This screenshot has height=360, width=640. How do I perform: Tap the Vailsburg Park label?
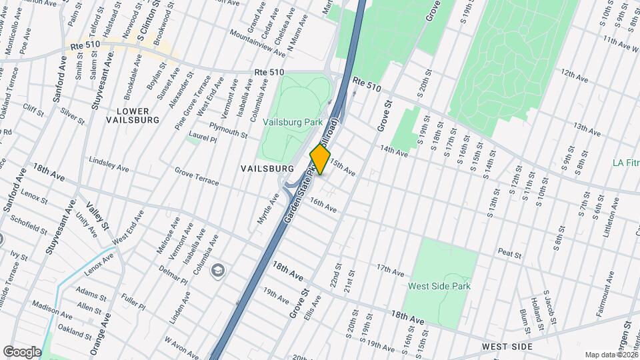tap(293, 122)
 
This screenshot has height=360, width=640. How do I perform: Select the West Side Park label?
tap(440, 286)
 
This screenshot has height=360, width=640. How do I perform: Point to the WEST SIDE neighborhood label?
tap(507, 347)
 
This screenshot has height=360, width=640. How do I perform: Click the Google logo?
tap(21, 351)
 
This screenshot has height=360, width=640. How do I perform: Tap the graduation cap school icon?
tap(217, 270)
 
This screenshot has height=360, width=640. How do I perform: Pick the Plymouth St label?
tap(228, 129)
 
